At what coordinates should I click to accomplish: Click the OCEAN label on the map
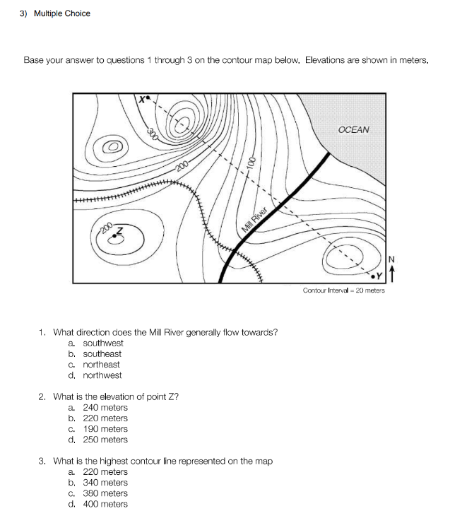[x=353, y=130]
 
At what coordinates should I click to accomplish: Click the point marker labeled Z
[x=114, y=238]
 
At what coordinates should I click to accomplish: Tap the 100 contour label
[x=250, y=170]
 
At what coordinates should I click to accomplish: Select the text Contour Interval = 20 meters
[x=343, y=290]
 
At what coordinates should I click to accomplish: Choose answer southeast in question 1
[x=102, y=354]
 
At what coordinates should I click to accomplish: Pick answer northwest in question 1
[x=102, y=375]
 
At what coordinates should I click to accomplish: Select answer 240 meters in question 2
[x=105, y=408]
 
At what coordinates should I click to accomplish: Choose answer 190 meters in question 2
[x=105, y=429]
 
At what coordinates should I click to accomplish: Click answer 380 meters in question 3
[x=105, y=493]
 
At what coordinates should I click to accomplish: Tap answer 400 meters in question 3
[x=105, y=504]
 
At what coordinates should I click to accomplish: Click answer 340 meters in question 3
[x=105, y=483]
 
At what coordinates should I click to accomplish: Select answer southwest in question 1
[x=102, y=343]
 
